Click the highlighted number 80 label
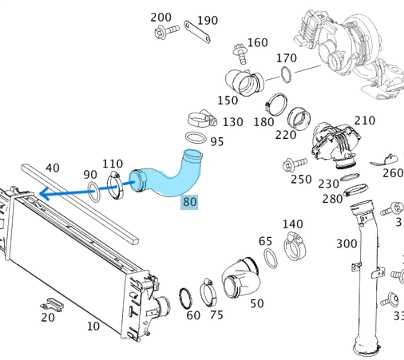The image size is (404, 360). [x=189, y=202]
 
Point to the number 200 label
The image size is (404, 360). [x=160, y=18]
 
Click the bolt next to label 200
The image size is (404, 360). [x=166, y=31]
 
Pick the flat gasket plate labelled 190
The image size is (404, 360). [x=197, y=32]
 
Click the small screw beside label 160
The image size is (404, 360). [x=240, y=53]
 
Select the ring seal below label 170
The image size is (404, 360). [x=286, y=74]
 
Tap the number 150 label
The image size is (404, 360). [x=228, y=101]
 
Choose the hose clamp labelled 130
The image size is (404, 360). [x=202, y=119]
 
